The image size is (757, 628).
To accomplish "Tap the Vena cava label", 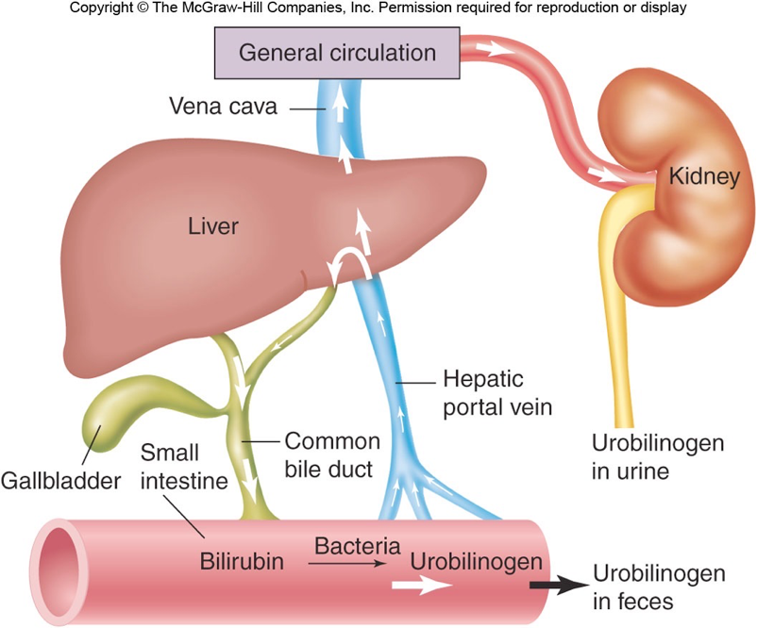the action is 223,107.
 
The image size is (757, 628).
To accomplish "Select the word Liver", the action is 213,226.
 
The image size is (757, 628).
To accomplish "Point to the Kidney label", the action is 703,175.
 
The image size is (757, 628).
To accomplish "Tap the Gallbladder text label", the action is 61,481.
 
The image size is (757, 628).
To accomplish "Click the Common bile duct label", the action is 331,454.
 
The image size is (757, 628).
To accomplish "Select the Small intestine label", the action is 183,467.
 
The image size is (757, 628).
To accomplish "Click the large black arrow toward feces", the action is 557,585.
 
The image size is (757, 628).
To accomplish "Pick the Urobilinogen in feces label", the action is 659,586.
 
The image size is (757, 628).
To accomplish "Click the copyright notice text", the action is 378,8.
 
